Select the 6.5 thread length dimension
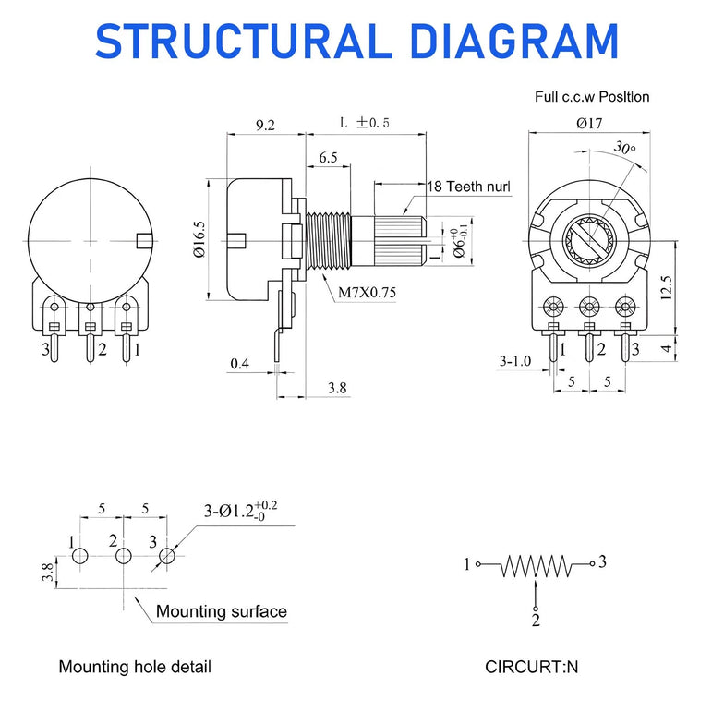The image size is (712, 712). click(328, 158)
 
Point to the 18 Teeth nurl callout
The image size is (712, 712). click(468, 186)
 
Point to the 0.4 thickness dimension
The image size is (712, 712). click(239, 363)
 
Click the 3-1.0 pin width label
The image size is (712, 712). click(514, 360)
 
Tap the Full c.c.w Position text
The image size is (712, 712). click(592, 96)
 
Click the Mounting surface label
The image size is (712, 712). click(221, 611)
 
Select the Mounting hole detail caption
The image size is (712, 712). click(135, 667)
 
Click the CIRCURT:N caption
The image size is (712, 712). click(532, 667)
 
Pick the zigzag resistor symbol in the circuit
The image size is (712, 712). click(535, 565)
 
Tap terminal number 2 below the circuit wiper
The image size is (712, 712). click(536, 620)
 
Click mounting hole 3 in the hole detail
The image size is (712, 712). click(166, 557)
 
